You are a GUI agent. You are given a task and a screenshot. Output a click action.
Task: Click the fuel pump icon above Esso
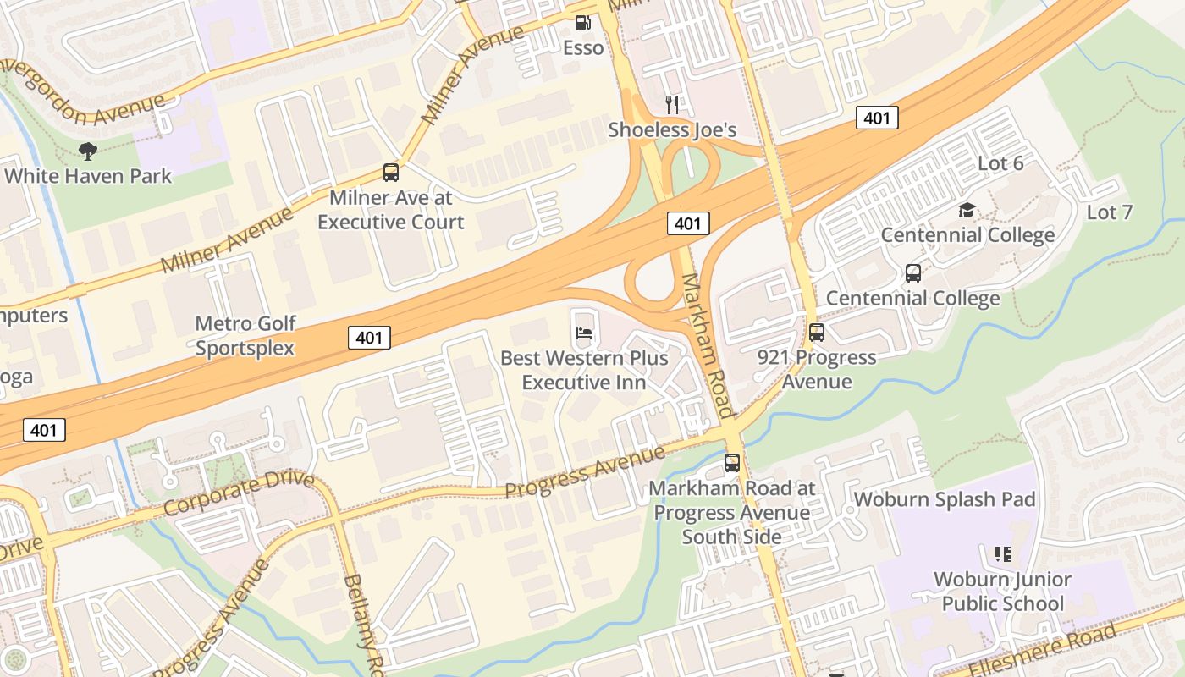pyautogui.click(x=583, y=23)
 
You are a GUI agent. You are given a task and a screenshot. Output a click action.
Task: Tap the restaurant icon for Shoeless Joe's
pyautogui.click(x=673, y=104)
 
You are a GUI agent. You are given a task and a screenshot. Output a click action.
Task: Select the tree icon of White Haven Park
pyautogui.click(x=87, y=151)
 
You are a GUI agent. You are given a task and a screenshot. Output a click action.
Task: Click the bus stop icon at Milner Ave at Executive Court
pyautogui.click(x=391, y=173)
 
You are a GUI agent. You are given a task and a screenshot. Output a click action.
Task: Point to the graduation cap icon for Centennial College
pyautogui.click(x=967, y=210)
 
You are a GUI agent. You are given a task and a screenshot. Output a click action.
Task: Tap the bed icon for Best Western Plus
pyautogui.click(x=584, y=333)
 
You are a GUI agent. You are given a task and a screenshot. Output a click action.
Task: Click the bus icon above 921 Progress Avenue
pyautogui.click(x=817, y=333)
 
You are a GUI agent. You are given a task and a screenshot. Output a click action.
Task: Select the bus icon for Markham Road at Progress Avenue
pyautogui.click(x=732, y=463)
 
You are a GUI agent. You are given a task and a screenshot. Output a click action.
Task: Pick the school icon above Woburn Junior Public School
pyautogui.click(x=1003, y=554)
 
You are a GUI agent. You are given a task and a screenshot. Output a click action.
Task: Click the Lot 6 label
pyautogui.click(x=1000, y=163)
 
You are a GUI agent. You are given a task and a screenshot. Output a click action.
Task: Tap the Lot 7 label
pyautogui.click(x=1109, y=212)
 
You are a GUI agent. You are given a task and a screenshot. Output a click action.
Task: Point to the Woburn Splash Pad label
pyautogui.click(x=945, y=499)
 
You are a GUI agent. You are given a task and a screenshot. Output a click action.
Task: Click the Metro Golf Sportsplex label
pyautogui.click(x=245, y=335)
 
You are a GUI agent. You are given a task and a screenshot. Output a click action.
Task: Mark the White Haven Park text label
pyautogui.click(x=88, y=176)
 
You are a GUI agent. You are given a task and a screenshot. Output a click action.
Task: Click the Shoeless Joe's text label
pyautogui.click(x=672, y=129)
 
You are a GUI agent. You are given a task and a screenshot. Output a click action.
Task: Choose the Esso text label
pyautogui.click(x=583, y=47)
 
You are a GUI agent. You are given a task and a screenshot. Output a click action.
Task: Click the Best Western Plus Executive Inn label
pyautogui.click(x=584, y=370)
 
